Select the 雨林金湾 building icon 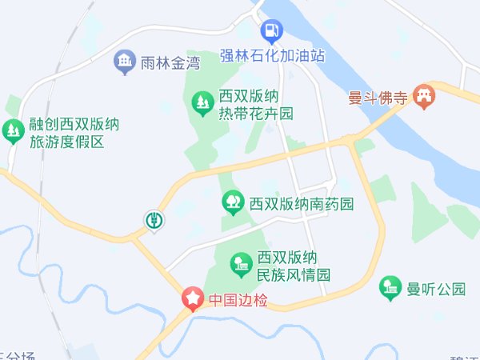pyautogui.click(x=124, y=62)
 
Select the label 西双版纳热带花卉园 pyautogui.click(x=256, y=104)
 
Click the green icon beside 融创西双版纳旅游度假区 pyautogui.click(x=13, y=130)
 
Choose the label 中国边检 pyautogui.click(x=237, y=301)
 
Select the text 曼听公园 pyautogui.click(x=436, y=289)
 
